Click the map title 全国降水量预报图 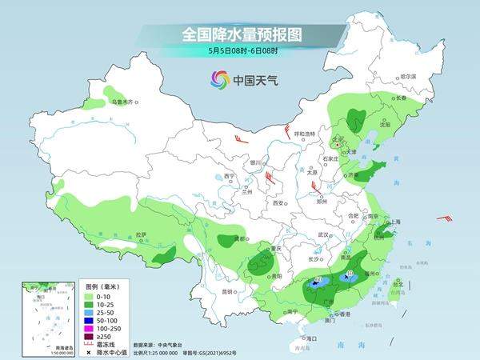pyautogui.click(x=240, y=34)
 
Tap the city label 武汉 pyautogui.click(x=323, y=234)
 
